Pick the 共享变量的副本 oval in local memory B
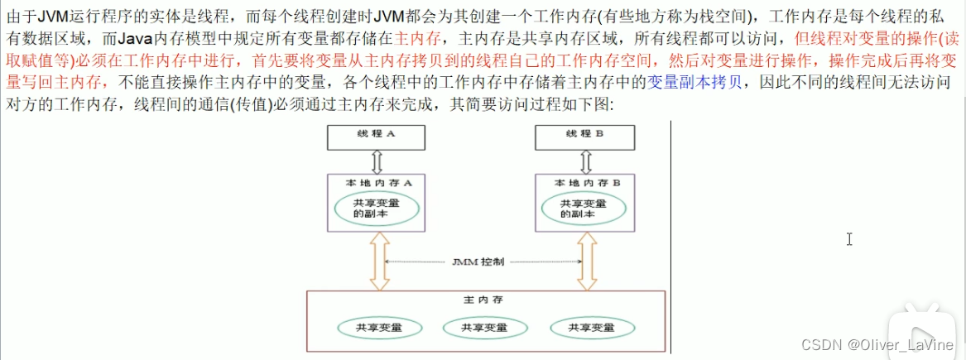(x=585, y=208)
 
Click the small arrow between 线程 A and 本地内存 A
(x=377, y=158)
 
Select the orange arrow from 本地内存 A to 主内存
(x=378, y=261)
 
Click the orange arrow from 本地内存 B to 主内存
(x=586, y=261)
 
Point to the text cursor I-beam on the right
(x=849, y=239)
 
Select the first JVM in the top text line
(x=54, y=17)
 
